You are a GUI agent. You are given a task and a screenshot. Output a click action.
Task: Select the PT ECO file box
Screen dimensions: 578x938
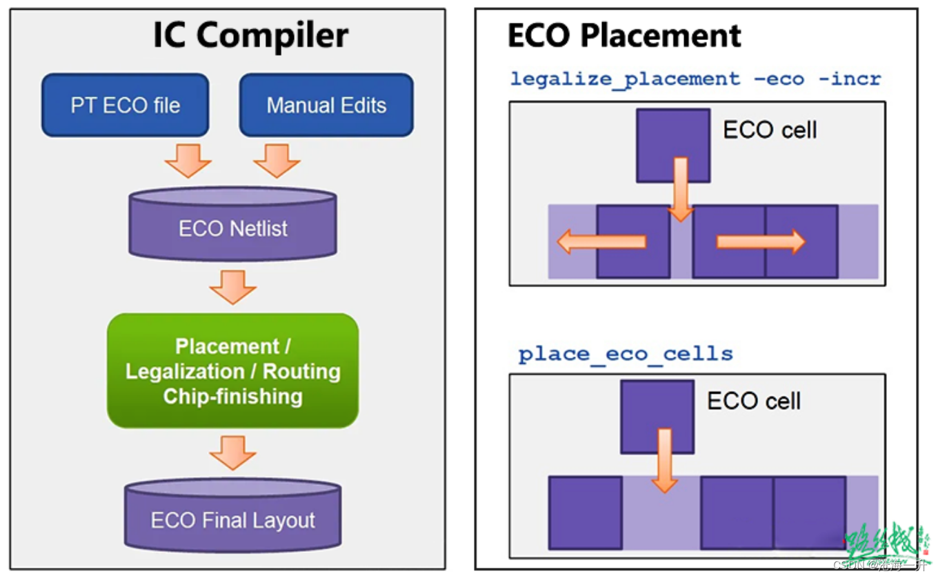pyautogui.click(x=125, y=106)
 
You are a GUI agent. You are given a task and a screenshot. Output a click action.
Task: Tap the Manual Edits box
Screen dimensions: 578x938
pyautogui.click(x=326, y=106)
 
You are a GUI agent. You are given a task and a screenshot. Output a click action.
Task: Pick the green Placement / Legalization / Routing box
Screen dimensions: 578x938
pyautogui.click(x=233, y=371)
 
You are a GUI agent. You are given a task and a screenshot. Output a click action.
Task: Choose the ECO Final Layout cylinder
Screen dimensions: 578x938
pyautogui.click(x=233, y=519)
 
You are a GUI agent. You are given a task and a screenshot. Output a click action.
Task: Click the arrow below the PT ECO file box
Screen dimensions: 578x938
pyautogui.click(x=188, y=159)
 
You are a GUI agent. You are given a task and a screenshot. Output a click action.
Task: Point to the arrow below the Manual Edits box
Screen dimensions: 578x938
pyautogui.click(x=277, y=159)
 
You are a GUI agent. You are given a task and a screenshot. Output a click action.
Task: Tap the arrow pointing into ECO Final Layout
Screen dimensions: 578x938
pyautogui.click(x=233, y=452)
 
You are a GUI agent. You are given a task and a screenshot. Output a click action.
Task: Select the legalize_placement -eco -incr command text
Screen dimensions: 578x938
pyautogui.click(x=695, y=79)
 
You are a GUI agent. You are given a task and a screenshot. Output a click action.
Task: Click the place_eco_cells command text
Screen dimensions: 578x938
pyautogui.click(x=626, y=355)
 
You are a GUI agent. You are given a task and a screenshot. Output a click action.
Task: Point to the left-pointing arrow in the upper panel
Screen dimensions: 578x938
pyautogui.click(x=601, y=241)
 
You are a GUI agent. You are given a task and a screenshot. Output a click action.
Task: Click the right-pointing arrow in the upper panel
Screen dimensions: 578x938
pyautogui.click(x=760, y=241)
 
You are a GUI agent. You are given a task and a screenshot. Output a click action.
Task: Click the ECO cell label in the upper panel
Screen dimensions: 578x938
pyautogui.click(x=770, y=130)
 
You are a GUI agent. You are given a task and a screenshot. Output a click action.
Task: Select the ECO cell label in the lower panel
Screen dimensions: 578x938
pyautogui.click(x=754, y=401)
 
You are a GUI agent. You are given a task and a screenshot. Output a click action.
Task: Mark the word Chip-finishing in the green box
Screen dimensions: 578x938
pyautogui.click(x=233, y=397)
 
